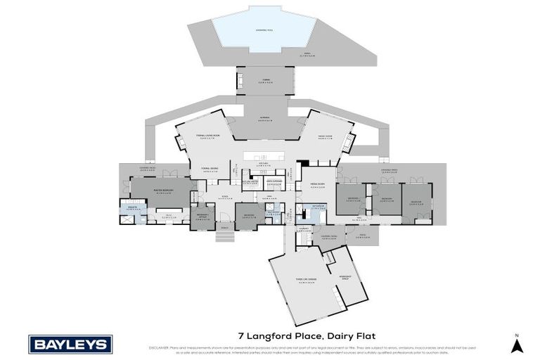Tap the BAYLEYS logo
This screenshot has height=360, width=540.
pos(70,345)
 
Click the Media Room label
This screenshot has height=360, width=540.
pos(318,186)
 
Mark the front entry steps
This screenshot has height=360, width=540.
pos(224,236)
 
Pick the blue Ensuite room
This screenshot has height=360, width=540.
pos(131,209)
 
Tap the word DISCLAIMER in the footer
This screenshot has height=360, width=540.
pos(160,347)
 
